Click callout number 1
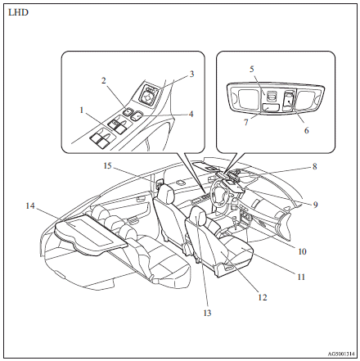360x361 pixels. [x=82, y=109]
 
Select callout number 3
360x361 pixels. [x=191, y=74]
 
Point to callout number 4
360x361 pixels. [x=191, y=114]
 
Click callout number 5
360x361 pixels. [x=252, y=70]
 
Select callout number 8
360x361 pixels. [x=313, y=167]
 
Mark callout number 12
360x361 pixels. [x=262, y=298]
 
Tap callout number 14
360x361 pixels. [x=31, y=207]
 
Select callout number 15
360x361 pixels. [x=106, y=166]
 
